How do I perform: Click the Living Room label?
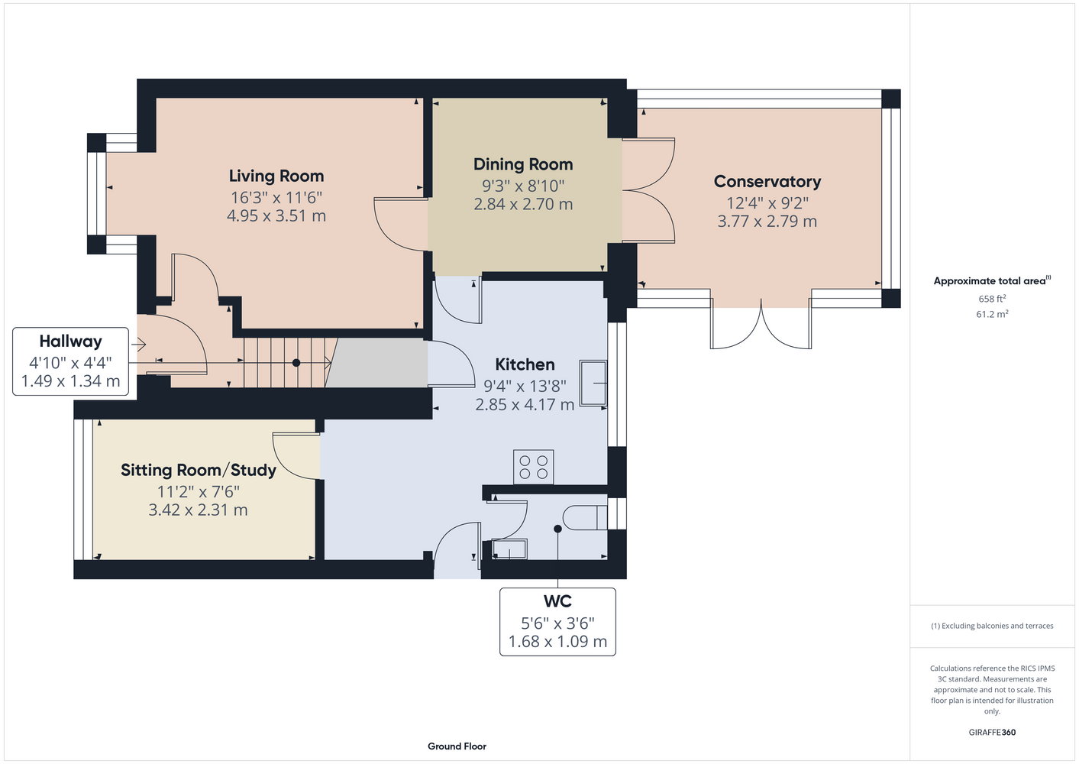pos(276,176)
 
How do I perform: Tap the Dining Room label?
pos(523,164)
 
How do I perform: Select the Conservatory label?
pos(767,182)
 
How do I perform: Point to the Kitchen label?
pos(525,364)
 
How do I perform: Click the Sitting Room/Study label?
pos(198,470)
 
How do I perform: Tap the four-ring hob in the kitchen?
pos(533,467)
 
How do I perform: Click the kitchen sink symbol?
pos(593,384)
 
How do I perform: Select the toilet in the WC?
pos(585,517)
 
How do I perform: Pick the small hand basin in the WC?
pos(509,549)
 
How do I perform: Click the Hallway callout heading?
pos(71,342)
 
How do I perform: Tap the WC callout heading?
pos(557,601)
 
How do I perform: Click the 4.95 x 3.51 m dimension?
pos(276,215)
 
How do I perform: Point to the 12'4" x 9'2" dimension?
pos(767,203)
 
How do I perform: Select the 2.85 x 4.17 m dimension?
pos(525,404)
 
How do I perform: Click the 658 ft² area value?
pos(992,299)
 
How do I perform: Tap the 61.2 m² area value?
pos(992,314)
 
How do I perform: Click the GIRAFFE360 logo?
pos(992,732)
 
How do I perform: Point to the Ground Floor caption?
pos(457,746)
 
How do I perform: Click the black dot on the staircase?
pos(296,362)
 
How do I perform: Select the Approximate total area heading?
pos(992,280)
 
